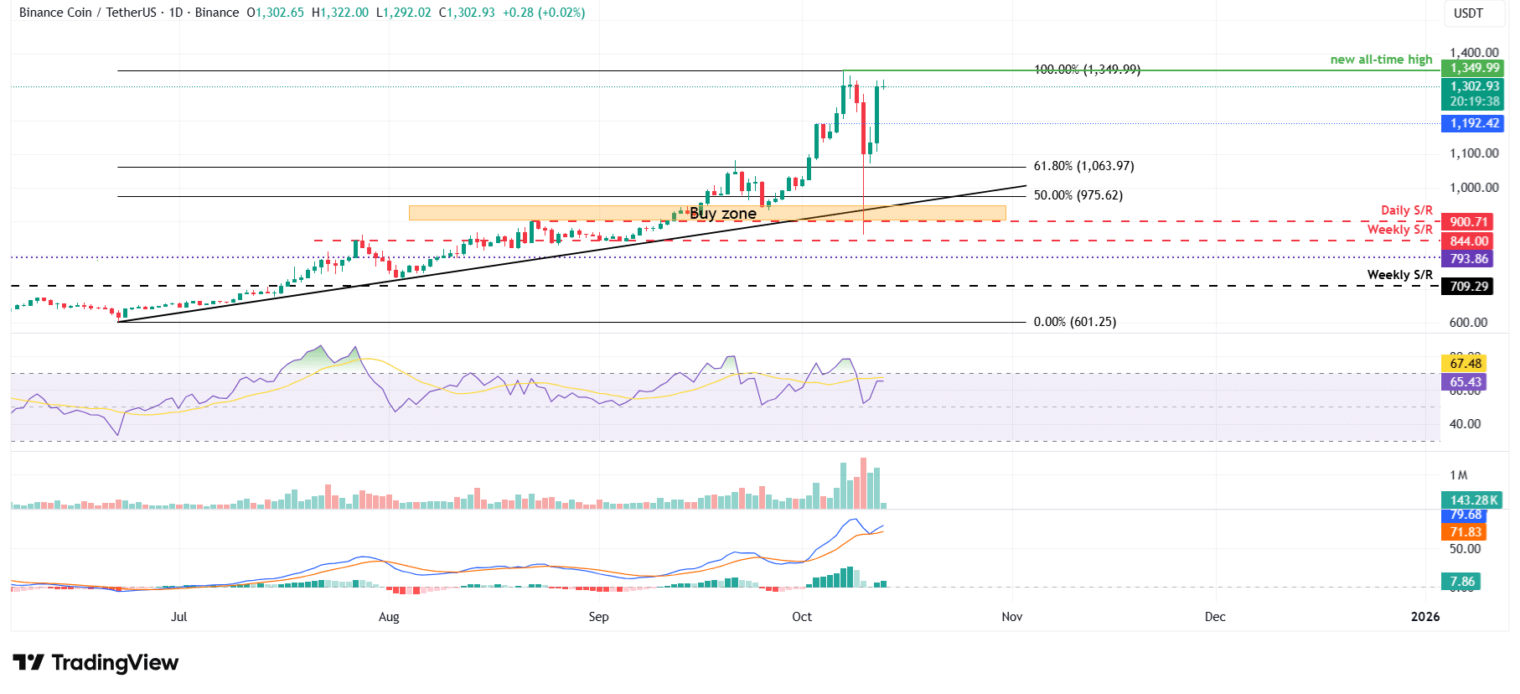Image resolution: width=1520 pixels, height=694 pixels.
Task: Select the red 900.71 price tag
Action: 1468,222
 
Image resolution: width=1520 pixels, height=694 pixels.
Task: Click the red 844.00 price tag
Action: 1468,241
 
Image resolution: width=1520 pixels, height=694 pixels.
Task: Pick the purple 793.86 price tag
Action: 1468,259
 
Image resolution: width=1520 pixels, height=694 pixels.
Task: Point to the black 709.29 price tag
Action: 1468,287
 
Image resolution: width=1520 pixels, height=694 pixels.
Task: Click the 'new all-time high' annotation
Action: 1381,60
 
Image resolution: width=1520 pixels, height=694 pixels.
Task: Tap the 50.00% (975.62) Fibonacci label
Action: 1078,195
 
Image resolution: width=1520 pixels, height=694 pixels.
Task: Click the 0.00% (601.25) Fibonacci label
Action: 1074,322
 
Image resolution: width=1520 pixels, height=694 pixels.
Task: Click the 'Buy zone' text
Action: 722,214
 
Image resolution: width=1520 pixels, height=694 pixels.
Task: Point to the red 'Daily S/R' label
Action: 1406,210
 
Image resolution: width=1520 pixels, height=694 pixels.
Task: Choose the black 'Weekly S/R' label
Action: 1399,275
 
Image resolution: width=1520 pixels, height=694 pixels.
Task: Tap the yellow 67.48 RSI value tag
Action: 1465,364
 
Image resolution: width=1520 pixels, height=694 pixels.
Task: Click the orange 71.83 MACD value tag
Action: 1465,532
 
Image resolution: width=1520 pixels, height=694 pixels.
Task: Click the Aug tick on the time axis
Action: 389,617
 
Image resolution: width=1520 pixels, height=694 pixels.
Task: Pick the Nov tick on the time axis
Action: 1011,617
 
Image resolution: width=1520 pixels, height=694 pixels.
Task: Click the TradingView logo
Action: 96,663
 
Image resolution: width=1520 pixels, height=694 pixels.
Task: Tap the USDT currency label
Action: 1467,13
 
